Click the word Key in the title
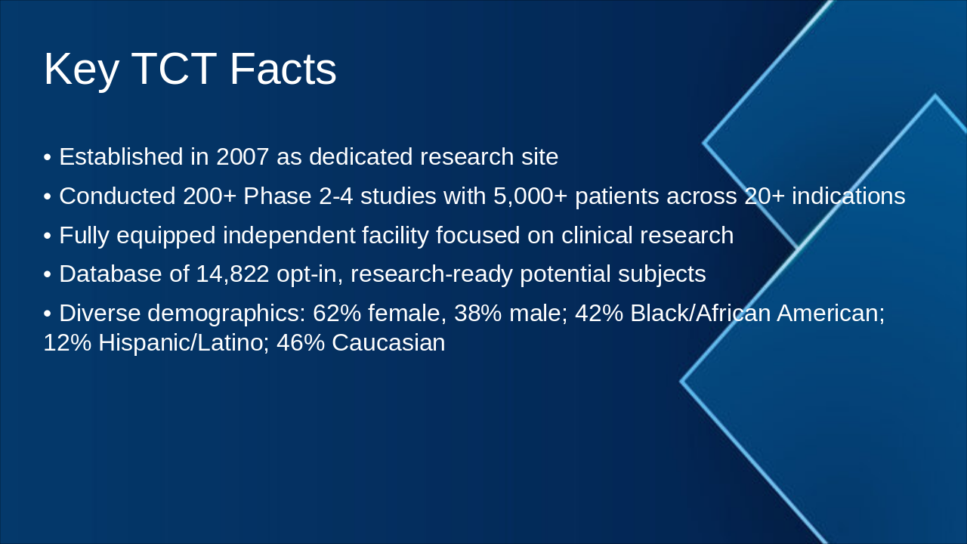pos(81,70)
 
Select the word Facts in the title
pos(283,70)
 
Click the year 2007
pos(242,157)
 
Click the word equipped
pos(167,236)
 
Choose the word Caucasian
pos(388,343)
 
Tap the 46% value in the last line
pos(301,343)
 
